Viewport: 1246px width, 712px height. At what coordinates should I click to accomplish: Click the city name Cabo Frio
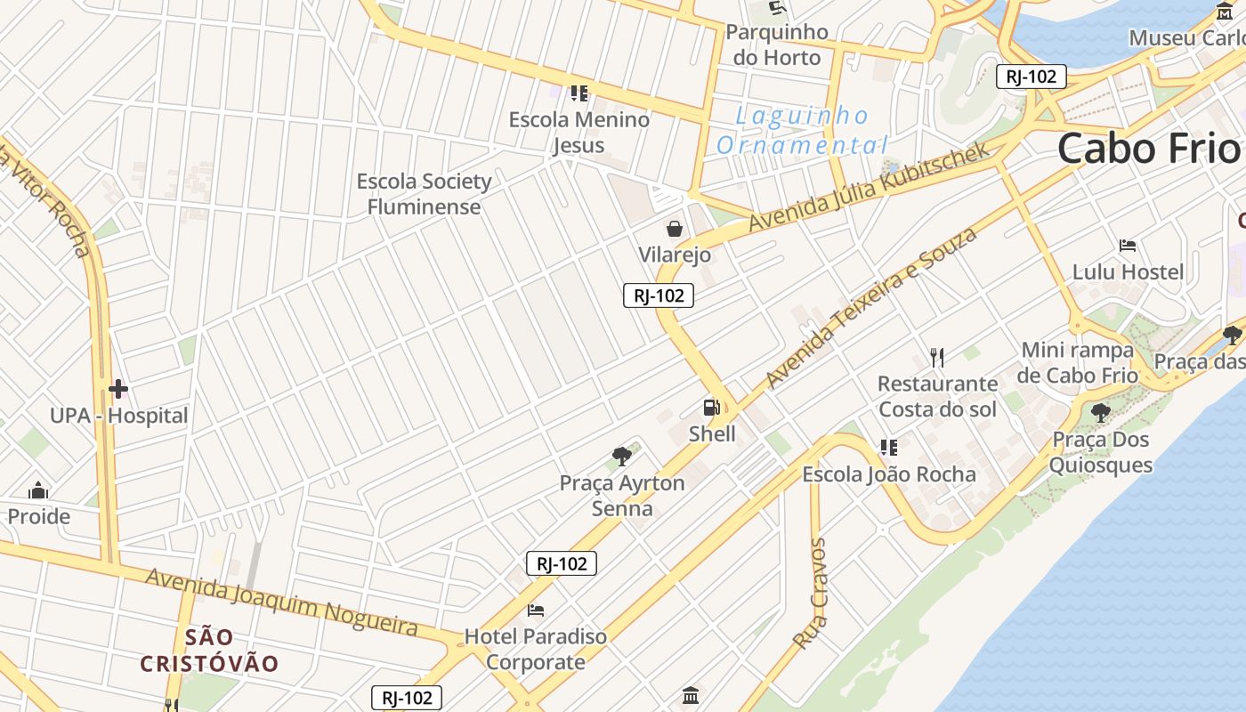[x=1148, y=148]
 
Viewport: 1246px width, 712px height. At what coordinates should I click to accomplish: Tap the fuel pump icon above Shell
[x=711, y=408]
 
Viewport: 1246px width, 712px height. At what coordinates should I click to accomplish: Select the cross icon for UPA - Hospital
[x=118, y=389]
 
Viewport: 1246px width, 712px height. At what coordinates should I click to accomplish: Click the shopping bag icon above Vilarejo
[x=675, y=229]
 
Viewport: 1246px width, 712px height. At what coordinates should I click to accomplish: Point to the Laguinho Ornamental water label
[x=802, y=130]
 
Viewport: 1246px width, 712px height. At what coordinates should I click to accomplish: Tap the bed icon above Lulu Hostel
[x=1128, y=245]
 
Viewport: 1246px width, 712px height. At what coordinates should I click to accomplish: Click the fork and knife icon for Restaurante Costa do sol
[x=936, y=358]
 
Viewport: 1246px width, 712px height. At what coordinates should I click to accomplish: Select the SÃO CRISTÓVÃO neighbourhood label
[x=210, y=651]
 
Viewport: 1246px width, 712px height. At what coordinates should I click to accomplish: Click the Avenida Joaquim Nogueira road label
[x=281, y=603]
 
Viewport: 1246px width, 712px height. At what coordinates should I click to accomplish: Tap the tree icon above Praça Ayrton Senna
[x=621, y=457]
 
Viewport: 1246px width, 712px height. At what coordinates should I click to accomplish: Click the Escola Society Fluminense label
[x=424, y=194]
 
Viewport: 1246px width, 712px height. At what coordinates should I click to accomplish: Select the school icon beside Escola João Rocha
[x=888, y=447]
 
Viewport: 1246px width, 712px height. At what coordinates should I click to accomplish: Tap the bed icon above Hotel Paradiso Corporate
[x=536, y=611]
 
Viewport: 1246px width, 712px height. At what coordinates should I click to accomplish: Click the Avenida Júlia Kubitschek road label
[x=869, y=186]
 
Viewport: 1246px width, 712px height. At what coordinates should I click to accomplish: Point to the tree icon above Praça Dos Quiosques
[x=1101, y=412]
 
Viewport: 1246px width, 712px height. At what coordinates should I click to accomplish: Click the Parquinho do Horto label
[x=777, y=44]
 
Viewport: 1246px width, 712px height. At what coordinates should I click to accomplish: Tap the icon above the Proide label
[x=38, y=490]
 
